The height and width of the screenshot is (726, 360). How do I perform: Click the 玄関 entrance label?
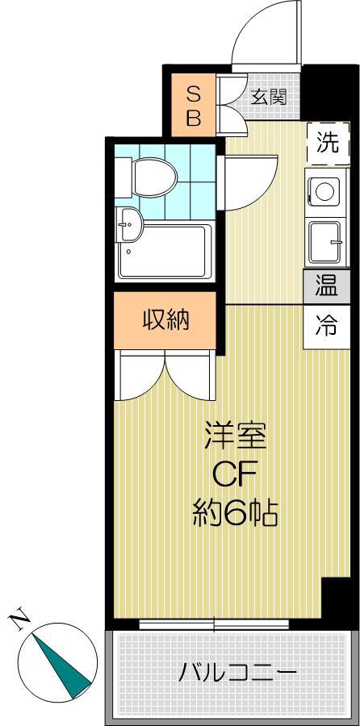[x=269, y=98]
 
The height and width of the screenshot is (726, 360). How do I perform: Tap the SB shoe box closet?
[x=194, y=105]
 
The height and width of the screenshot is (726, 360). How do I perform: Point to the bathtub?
[x=165, y=252]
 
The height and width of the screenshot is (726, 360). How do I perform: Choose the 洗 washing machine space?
[x=328, y=144]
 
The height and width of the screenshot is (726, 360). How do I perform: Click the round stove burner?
[x=324, y=190]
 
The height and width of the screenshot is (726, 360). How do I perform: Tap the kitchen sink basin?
[x=325, y=241]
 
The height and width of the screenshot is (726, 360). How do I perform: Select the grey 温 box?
[x=327, y=286]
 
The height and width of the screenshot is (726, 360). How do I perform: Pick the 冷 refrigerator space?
[x=327, y=327]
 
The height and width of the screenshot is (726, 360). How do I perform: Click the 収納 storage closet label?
[x=165, y=319]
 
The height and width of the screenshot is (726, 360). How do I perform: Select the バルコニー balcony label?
[x=237, y=673]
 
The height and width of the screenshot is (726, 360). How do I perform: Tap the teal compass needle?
[x=61, y=665]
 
